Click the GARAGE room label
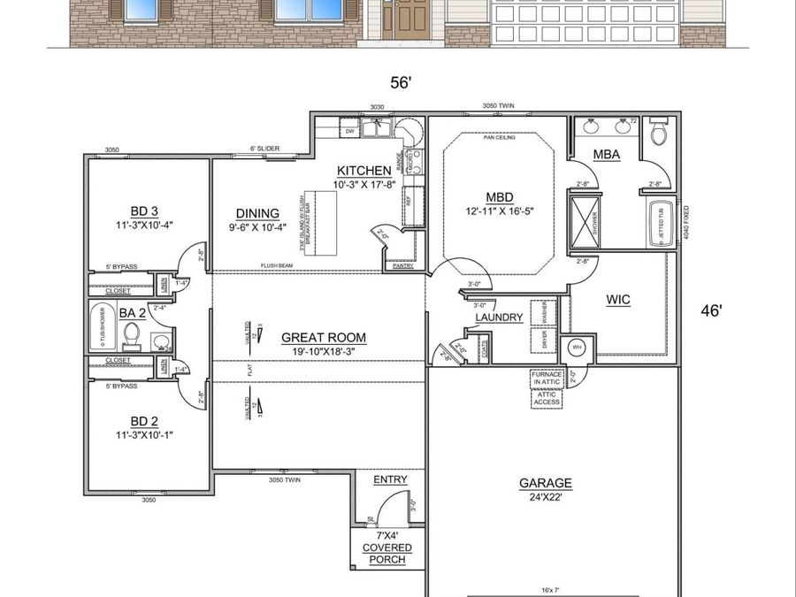pyautogui.click(x=545, y=483)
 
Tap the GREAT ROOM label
pyautogui.click(x=323, y=337)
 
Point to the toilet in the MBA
pyautogui.click(x=658, y=133)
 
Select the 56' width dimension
pyautogui.click(x=402, y=82)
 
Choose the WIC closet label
pyautogui.click(x=618, y=300)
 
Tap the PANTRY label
pyautogui.click(x=402, y=264)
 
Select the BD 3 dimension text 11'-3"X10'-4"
pyautogui.click(x=144, y=225)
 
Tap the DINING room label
pyautogui.click(x=257, y=213)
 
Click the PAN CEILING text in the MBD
pyautogui.click(x=498, y=138)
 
